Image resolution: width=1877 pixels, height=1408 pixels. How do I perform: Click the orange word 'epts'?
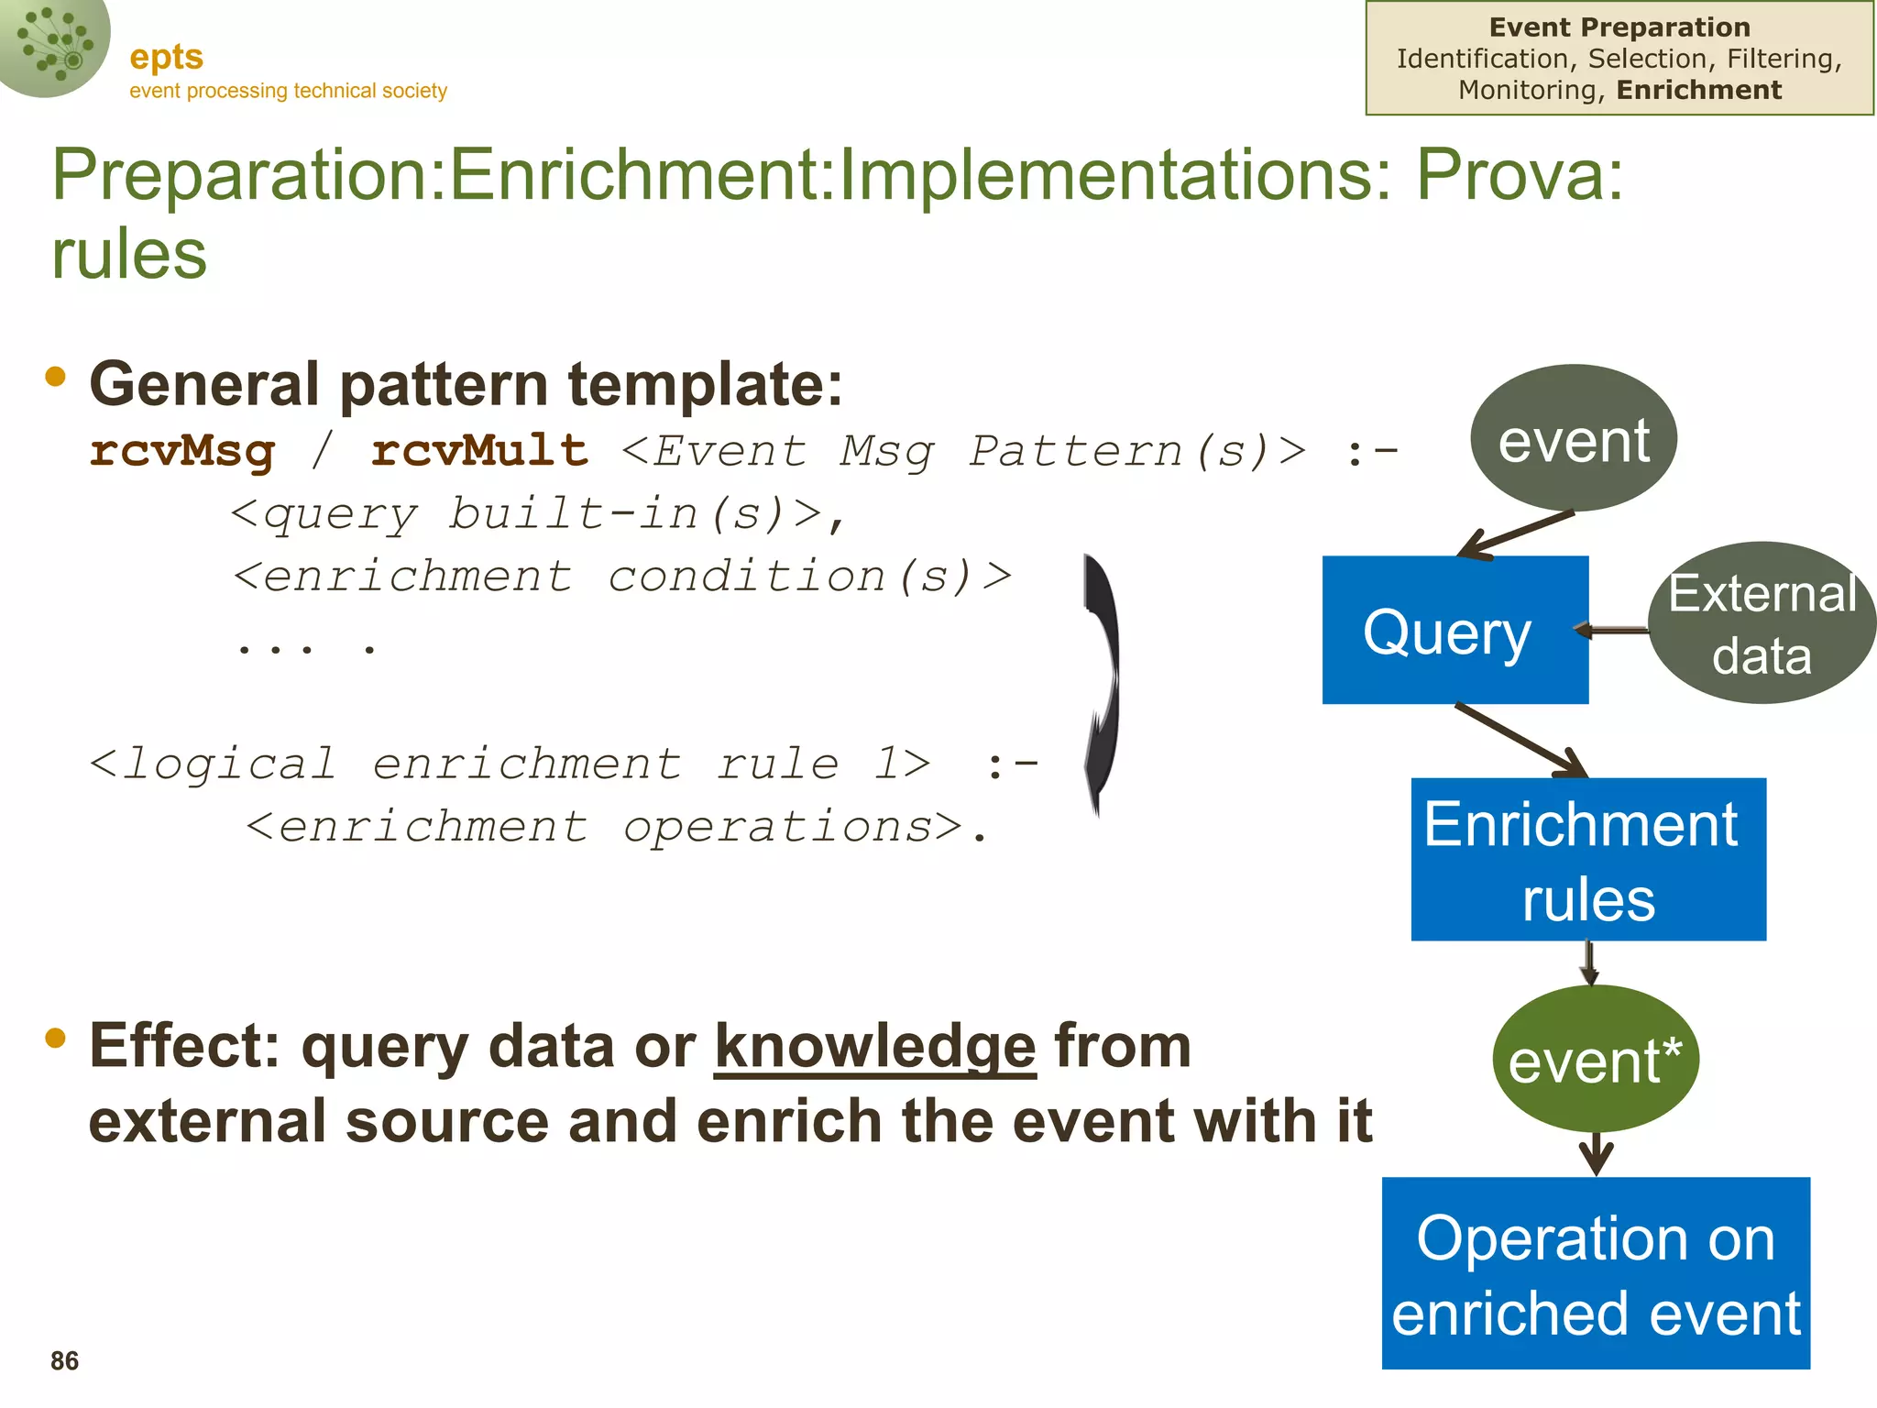[x=166, y=57]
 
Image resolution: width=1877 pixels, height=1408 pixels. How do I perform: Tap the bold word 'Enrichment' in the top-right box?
[x=1698, y=90]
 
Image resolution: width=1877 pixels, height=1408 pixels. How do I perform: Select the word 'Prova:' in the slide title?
[x=1520, y=174]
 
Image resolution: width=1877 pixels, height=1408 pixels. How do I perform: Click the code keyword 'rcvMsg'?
[x=182, y=451]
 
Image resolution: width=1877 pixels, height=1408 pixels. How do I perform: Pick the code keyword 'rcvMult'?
[x=479, y=451]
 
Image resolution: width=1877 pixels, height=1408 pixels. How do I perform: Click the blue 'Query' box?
[x=1454, y=631]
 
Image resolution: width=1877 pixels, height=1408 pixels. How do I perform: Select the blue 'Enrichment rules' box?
[x=1587, y=860]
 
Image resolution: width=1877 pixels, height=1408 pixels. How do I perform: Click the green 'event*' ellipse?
[x=1595, y=1061]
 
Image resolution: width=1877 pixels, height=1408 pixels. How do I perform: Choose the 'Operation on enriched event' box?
[x=1595, y=1273]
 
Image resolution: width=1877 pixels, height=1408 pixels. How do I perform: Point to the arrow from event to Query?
[x=1517, y=534]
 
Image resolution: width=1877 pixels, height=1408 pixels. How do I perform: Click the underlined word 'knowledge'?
[x=874, y=1047]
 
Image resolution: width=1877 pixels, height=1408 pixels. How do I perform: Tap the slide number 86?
[x=64, y=1361]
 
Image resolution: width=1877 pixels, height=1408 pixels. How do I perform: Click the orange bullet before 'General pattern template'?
[x=56, y=376]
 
